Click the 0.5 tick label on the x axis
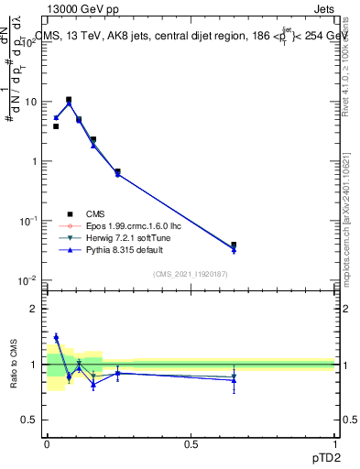pyautogui.click(x=191, y=443)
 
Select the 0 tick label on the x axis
pyautogui.click(x=47, y=443)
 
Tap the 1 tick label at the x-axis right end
pyautogui.click(x=334, y=443)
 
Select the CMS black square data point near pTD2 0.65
pyautogui.click(x=234, y=245)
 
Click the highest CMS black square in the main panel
pyautogui.click(x=69, y=100)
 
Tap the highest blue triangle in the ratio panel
pyautogui.click(x=56, y=337)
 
